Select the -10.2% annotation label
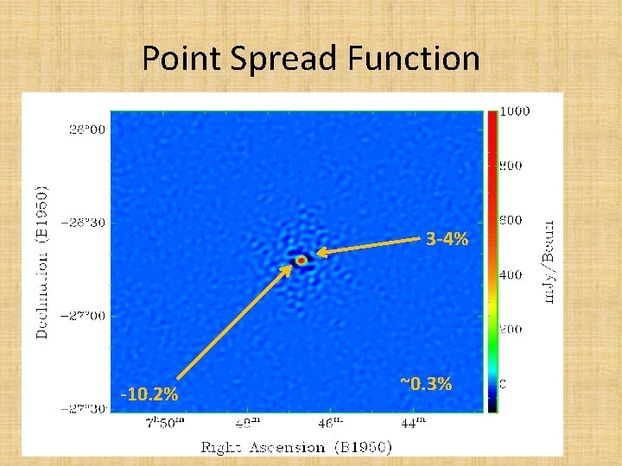tap(150, 395)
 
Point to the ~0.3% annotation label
tap(426, 384)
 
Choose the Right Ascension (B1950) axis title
tap(296, 447)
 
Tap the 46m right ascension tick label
tap(329, 423)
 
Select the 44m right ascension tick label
tap(414, 423)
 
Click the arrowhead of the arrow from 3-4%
tap(317, 253)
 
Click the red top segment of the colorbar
tap(492, 129)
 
